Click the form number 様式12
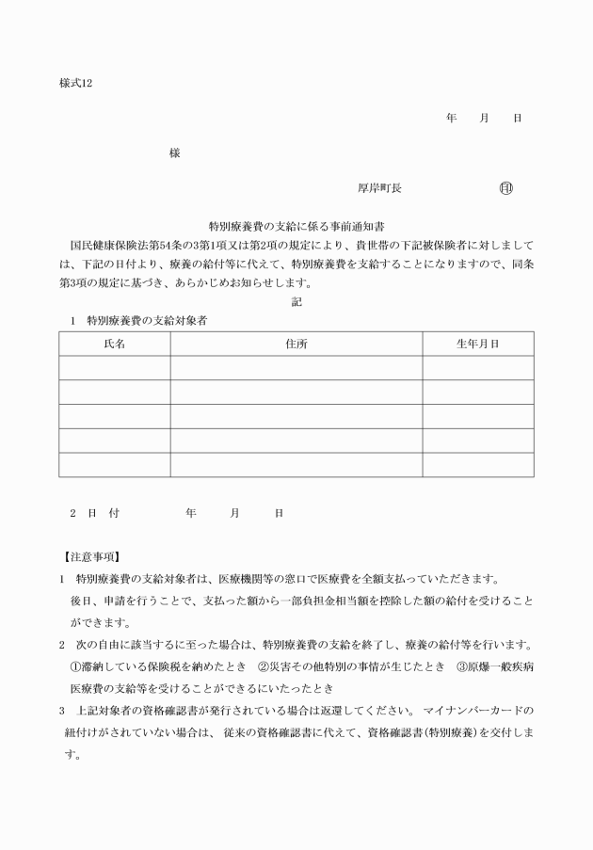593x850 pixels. pos(75,84)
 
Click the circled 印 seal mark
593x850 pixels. pos(505,188)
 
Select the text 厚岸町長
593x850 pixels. pos(379,188)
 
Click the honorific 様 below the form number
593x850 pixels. pos(174,152)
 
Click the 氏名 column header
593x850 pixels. pos(114,344)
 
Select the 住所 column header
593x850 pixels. pos(296,344)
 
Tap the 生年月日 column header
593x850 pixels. pos(477,344)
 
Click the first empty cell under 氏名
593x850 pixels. pos(114,368)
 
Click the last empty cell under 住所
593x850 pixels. pos(296,465)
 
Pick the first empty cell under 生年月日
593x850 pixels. pos(477,368)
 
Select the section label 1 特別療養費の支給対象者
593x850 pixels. pos(138,320)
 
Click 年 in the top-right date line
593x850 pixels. pos(451,118)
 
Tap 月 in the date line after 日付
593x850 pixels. pos(234,513)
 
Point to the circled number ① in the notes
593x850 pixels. pos(76,666)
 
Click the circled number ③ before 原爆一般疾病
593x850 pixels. pos(461,666)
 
